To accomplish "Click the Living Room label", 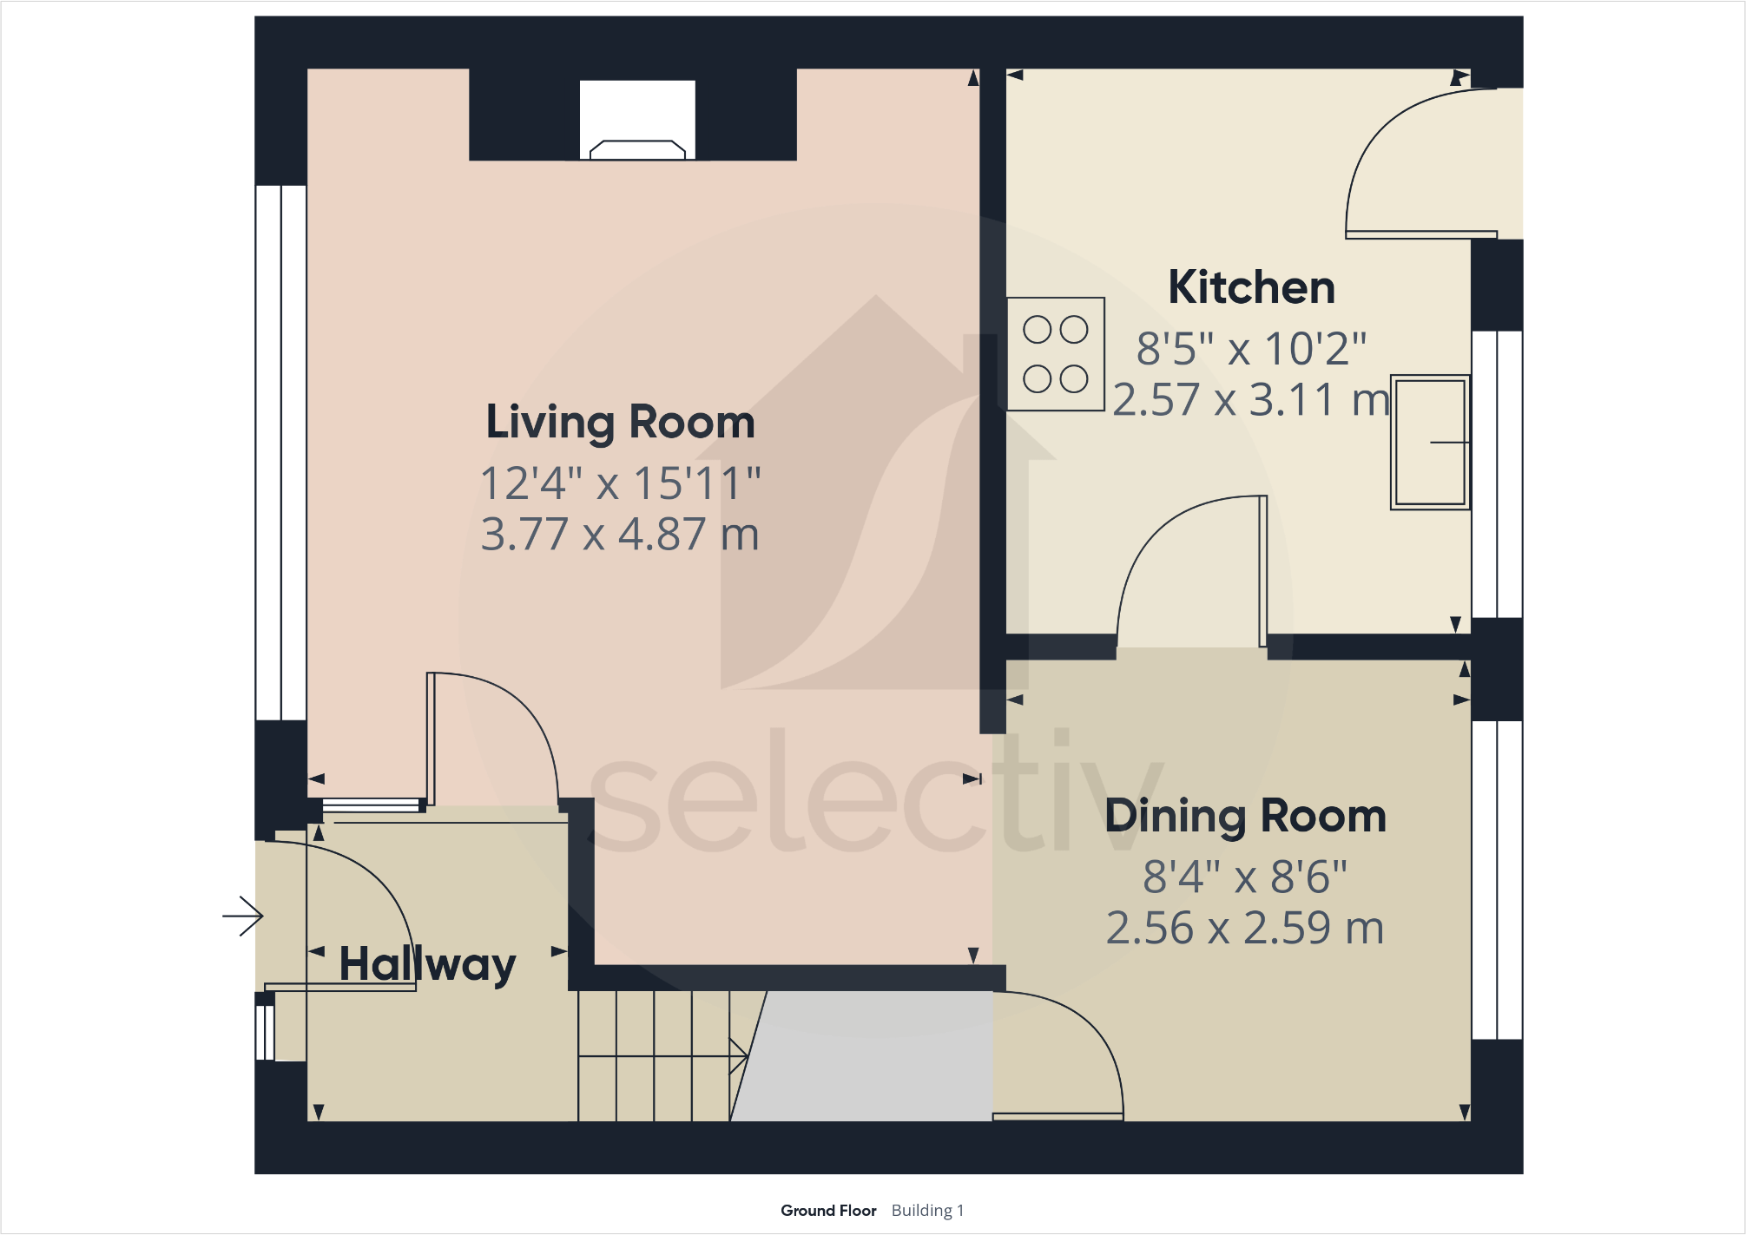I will (620, 423).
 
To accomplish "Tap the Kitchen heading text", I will (1251, 287).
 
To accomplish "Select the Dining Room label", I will (1245, 816).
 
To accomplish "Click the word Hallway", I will (427, 964).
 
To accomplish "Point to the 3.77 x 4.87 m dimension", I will (620, 534).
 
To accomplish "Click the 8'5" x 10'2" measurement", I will (1251, 349).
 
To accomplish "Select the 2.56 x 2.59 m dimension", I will (1245, 928).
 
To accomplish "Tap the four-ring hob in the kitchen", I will (1056, 354).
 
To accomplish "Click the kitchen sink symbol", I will (1430, 442).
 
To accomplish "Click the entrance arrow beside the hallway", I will (243, 916).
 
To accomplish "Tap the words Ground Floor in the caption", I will (828, 1211).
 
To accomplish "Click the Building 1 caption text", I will (927, 1211).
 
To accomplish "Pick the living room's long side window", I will (280, 452).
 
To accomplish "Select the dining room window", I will (1498, 879).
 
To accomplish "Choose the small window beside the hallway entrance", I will (266, 1032).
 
